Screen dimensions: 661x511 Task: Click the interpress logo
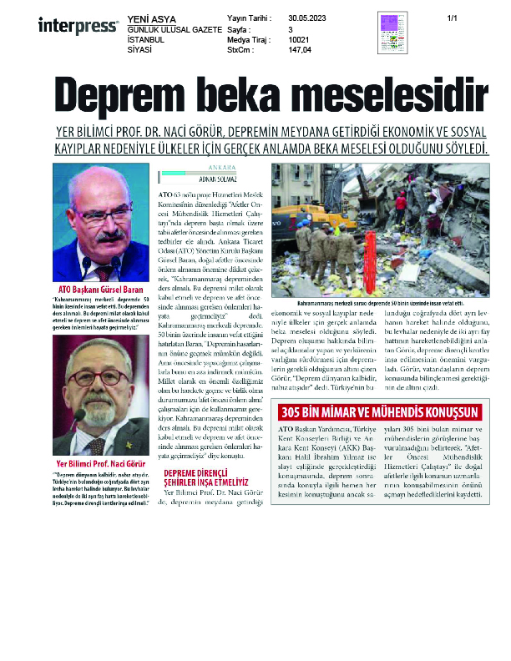78,26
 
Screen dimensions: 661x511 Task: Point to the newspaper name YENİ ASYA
150,18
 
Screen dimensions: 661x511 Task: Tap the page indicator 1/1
453,18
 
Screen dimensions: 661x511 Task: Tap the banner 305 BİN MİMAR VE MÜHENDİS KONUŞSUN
380,413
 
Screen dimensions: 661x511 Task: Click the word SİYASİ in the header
141,50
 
